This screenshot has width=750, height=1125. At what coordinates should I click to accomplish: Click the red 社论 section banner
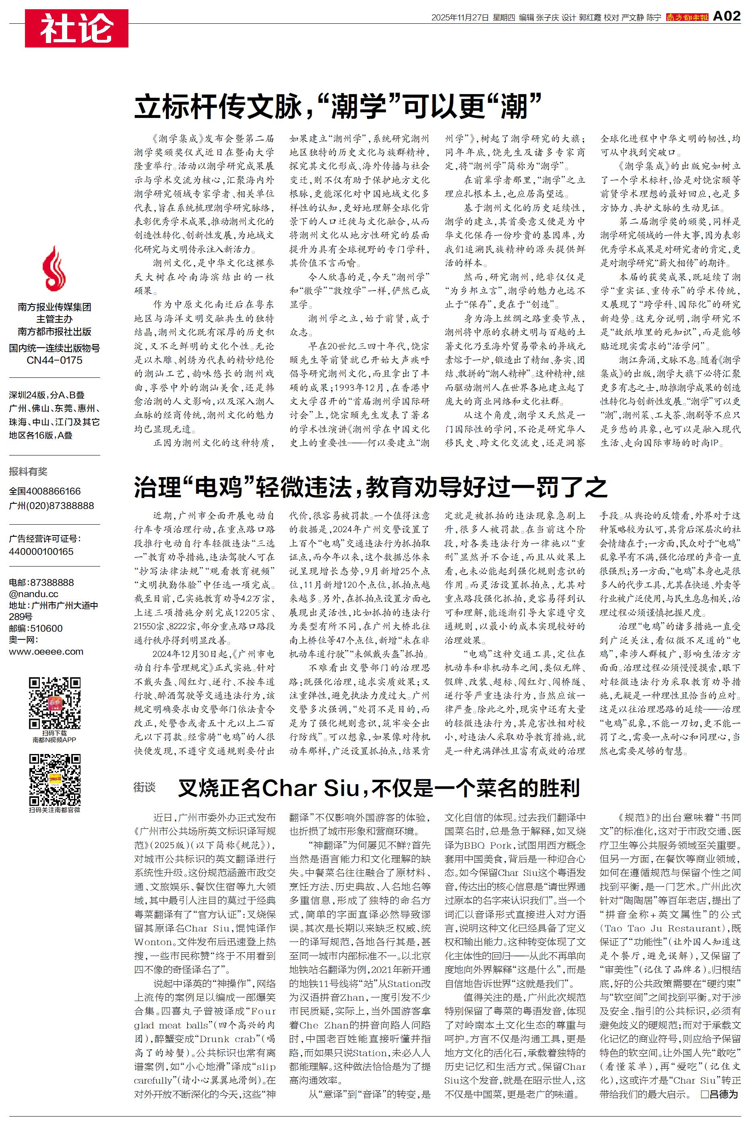tap(76, 28)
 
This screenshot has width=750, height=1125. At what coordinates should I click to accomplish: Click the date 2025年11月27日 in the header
tap(460, 18)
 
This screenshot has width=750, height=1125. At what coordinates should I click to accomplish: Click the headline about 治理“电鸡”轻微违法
tap(370, 487)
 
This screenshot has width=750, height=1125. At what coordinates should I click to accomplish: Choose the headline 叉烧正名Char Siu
tap(379, 787)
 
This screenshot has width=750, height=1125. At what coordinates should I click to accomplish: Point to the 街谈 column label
tap(145, 787)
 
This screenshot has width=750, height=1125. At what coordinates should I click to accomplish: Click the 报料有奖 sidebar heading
tap(28, 472)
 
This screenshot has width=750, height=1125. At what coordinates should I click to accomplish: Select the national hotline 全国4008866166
tap(45, 491)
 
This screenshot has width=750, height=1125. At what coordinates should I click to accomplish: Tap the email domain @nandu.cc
tap(33, 594)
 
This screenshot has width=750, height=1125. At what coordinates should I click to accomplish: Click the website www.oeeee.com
tap(46, 652)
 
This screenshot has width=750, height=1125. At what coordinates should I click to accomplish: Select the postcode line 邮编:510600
tap(35, 628)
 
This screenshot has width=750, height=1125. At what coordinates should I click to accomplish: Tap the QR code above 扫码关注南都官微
tap(54, 779)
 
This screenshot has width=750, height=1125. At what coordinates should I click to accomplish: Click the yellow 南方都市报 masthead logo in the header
tap(687, 17)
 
